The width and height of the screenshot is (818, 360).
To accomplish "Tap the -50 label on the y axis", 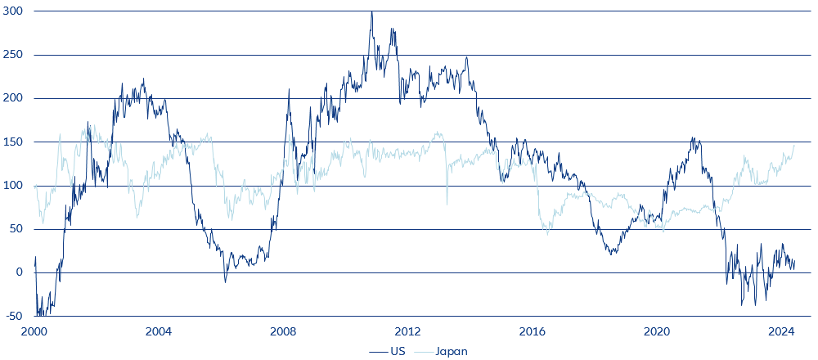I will (14, 316).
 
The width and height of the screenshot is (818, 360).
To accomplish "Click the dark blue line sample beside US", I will (379, 351).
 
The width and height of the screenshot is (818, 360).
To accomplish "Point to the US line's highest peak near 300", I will (371, 12).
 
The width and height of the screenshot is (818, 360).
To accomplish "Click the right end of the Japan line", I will (794, 146).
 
